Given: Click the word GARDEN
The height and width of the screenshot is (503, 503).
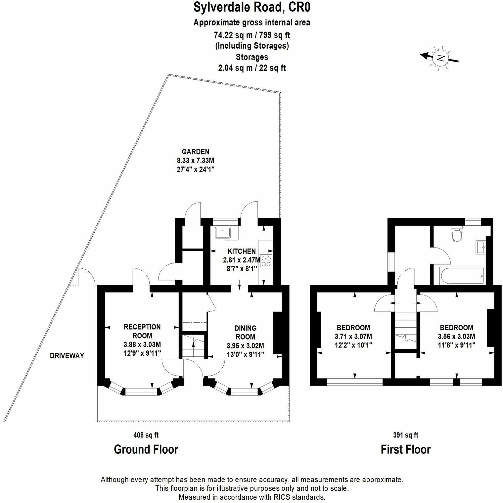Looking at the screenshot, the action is (196, 152).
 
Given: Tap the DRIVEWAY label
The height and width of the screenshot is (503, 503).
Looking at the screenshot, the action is (67, 356).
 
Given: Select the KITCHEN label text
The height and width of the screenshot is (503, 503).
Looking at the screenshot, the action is (242, 251).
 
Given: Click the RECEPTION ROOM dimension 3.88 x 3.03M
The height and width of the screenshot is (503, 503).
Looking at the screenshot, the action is (142, 344).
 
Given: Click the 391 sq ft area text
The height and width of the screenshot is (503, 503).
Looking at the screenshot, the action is (406, 435).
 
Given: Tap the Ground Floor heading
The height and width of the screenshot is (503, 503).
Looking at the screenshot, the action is (146, 449).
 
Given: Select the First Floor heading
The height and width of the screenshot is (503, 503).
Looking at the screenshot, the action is (406, 449).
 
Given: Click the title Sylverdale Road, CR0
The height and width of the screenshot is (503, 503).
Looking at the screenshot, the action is (252, 8).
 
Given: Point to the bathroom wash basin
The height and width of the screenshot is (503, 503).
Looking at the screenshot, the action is (480, 247).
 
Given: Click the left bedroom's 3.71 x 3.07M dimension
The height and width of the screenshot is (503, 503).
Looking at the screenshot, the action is (353, 337).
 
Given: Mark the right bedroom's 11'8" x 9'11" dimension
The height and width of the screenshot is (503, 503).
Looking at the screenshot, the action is (456, 345).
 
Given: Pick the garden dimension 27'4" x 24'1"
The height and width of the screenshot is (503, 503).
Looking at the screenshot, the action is (196, 169).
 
